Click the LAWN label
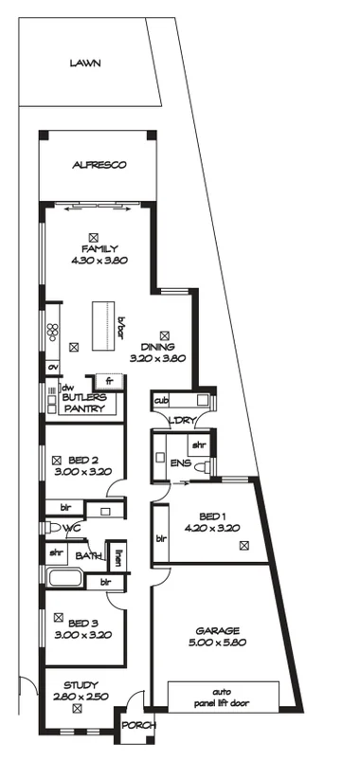[84, 63]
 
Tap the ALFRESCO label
[99, 165]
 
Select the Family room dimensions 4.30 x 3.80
[99, 260]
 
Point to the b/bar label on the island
[120, 326]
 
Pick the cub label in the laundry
[161, 401]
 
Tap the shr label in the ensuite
[199, 444]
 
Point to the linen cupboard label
[117, 557]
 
